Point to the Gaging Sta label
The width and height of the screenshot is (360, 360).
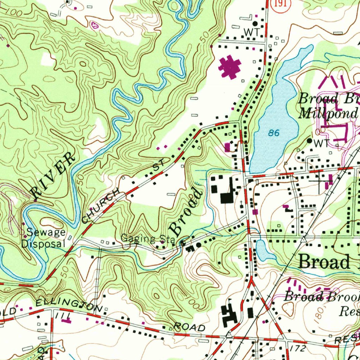tap(148, 239)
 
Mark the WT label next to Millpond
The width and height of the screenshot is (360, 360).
tap(320, 143)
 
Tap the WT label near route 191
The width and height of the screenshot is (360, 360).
tap(252, 32)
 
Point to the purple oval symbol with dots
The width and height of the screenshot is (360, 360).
tap(94, 25)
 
